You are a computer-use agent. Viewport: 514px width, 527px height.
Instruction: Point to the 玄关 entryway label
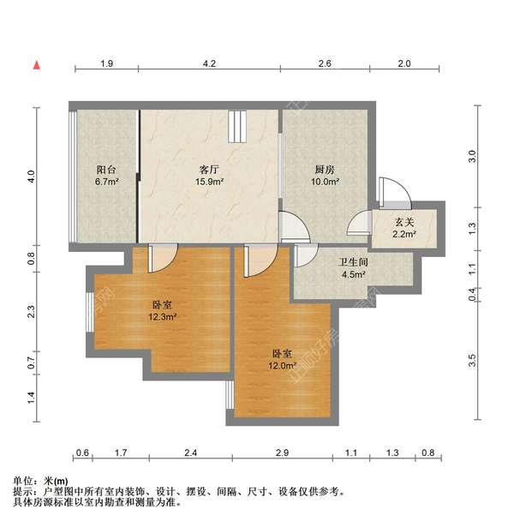(403, 222)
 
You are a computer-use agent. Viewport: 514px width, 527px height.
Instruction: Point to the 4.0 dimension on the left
(31, 177)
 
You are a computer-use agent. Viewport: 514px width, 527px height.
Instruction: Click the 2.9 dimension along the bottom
(282, 452)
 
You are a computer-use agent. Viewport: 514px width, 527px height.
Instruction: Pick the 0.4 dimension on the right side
(471, 294)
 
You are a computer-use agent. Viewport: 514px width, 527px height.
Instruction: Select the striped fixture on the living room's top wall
(237, 127)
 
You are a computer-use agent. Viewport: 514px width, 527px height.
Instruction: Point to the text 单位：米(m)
(41, 481)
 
